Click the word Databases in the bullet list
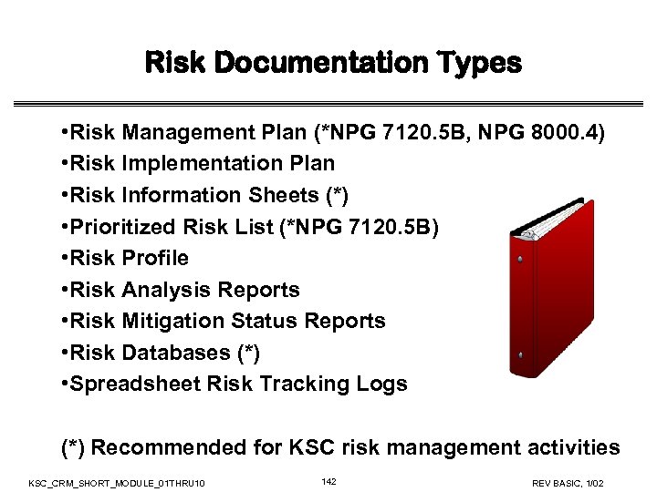(177, 353)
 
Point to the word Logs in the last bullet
(383, 384)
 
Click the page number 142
(329, 480)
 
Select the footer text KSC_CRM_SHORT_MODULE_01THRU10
(117, 481)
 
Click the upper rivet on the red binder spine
(520, 260)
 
